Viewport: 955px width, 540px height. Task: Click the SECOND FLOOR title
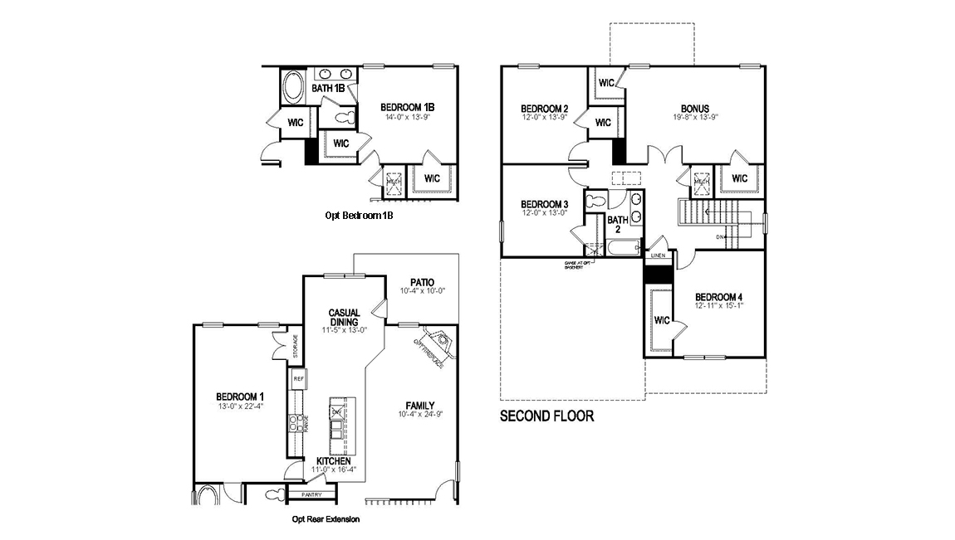pos(546,416)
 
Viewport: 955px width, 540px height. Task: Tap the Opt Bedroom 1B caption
pos(359,215)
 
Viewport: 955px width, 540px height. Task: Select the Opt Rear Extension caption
pos(326,519)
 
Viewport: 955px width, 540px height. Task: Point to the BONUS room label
pos(694,108)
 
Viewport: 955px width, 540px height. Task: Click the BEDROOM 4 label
pos(719,297)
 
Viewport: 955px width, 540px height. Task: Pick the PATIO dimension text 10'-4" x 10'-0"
pos(423,291)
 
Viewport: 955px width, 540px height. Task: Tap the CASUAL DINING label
pos(343,318)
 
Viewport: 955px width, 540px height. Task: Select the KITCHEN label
pos(333,460)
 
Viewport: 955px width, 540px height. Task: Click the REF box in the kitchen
pos(297,378)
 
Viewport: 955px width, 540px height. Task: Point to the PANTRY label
pos(311,495)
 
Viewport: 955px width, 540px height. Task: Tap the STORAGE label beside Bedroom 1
pos(295,346)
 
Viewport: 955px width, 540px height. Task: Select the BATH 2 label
pos(617,225)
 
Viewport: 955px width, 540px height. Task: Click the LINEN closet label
pos(658,256)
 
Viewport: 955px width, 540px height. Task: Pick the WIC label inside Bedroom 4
pos(662,319)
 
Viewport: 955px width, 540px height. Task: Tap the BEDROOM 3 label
pos(544,204)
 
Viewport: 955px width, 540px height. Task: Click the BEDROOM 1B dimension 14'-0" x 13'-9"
pos(408,118)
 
